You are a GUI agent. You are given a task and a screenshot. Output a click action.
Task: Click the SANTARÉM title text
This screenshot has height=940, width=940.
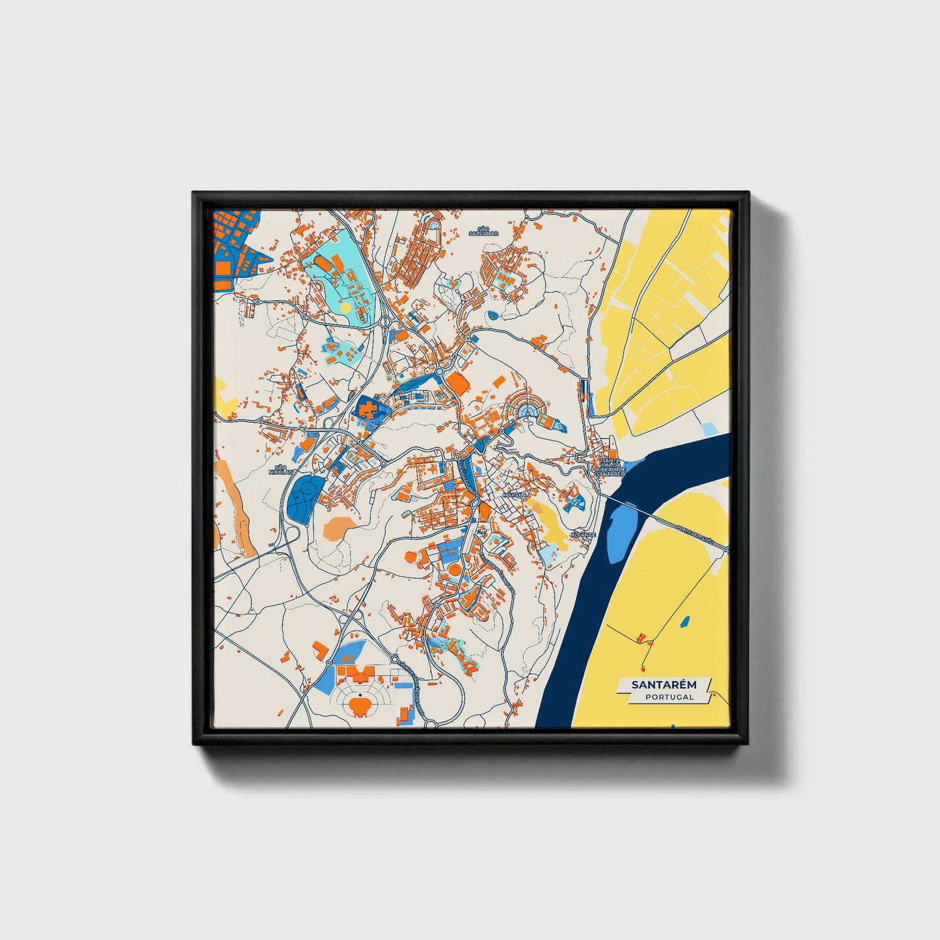coord(664,684)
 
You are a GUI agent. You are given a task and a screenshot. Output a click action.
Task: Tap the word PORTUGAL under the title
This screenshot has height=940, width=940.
coord(669,697)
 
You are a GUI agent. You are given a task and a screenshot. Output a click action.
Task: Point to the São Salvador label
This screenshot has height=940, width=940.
coord(483,231)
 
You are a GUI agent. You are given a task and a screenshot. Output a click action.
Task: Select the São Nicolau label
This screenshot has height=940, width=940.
coord(281,469)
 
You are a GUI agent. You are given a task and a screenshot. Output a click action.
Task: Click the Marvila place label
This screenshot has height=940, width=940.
coord(515,495)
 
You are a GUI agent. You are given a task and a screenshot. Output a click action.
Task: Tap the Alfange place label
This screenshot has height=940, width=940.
coord(582,535)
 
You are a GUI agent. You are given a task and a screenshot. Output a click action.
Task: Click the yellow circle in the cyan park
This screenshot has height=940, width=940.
coord(345,306)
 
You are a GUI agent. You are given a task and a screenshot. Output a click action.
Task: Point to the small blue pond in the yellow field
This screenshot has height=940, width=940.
coord(684,622)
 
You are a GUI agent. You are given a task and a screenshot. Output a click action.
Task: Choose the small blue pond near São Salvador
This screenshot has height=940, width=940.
coord(492,316)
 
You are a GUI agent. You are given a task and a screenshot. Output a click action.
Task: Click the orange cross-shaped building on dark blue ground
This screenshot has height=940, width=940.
coord(368,410)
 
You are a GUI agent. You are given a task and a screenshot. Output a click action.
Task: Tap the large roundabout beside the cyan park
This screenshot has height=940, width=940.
coord(385,321)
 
